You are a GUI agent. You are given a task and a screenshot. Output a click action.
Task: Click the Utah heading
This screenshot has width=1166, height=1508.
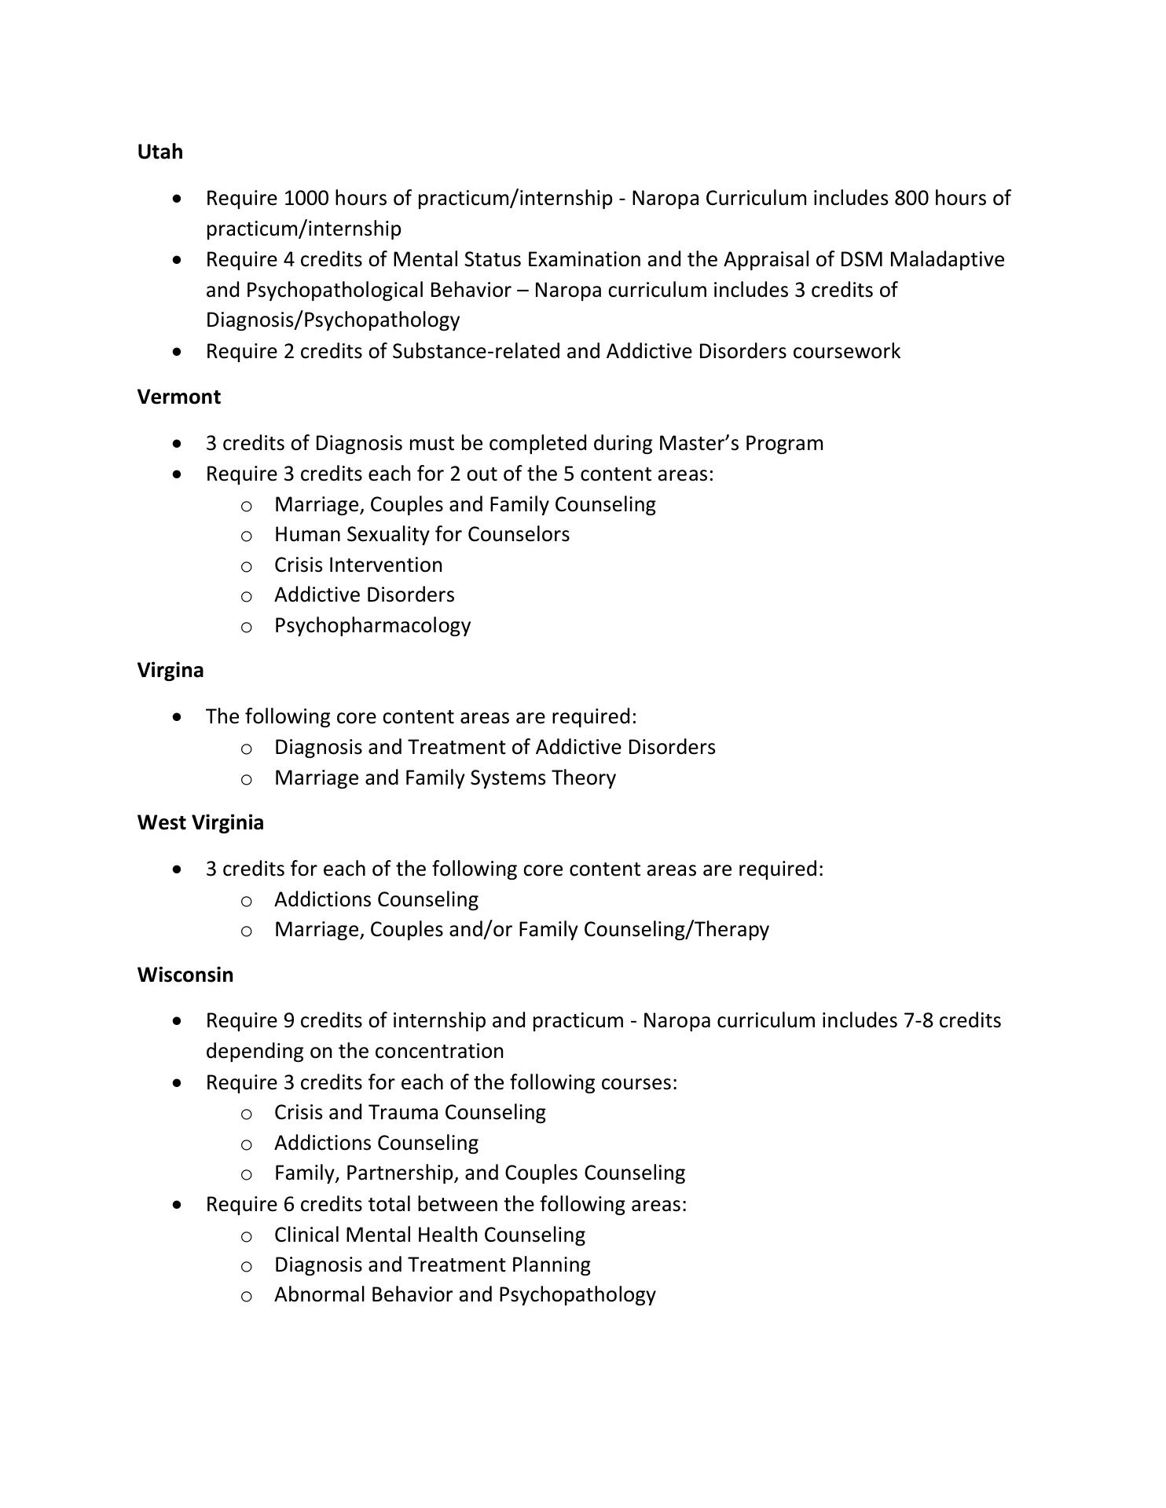click(159, 152)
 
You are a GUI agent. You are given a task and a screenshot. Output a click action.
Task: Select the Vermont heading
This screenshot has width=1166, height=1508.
click(178, 397)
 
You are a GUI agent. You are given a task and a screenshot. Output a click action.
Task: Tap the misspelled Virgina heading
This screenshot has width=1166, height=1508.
click(170, 670)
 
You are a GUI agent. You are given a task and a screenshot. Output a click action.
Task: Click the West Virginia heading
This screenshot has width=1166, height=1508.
click(200, 822)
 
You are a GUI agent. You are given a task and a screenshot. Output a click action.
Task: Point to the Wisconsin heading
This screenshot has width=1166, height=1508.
click(185, 975)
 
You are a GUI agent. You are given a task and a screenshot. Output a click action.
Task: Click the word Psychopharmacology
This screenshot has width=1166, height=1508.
click(372, 625)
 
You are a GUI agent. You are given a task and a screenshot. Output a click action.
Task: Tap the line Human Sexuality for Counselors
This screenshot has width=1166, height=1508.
click(421, 534)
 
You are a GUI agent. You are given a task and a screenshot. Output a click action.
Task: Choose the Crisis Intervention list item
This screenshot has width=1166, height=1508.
click(357, 565)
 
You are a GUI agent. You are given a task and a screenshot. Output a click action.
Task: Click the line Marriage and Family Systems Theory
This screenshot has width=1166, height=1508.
click(445, 778)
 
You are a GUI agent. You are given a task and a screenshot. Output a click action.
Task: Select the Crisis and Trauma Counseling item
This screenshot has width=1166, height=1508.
click(409, 1112)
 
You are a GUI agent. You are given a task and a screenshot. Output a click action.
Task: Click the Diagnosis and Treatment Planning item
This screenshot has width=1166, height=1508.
click(432, 1265)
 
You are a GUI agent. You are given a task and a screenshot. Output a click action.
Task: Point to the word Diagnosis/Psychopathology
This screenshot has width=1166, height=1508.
click(332, 320)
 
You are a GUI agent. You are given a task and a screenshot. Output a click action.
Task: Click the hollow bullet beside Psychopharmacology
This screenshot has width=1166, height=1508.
click(246, 627)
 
